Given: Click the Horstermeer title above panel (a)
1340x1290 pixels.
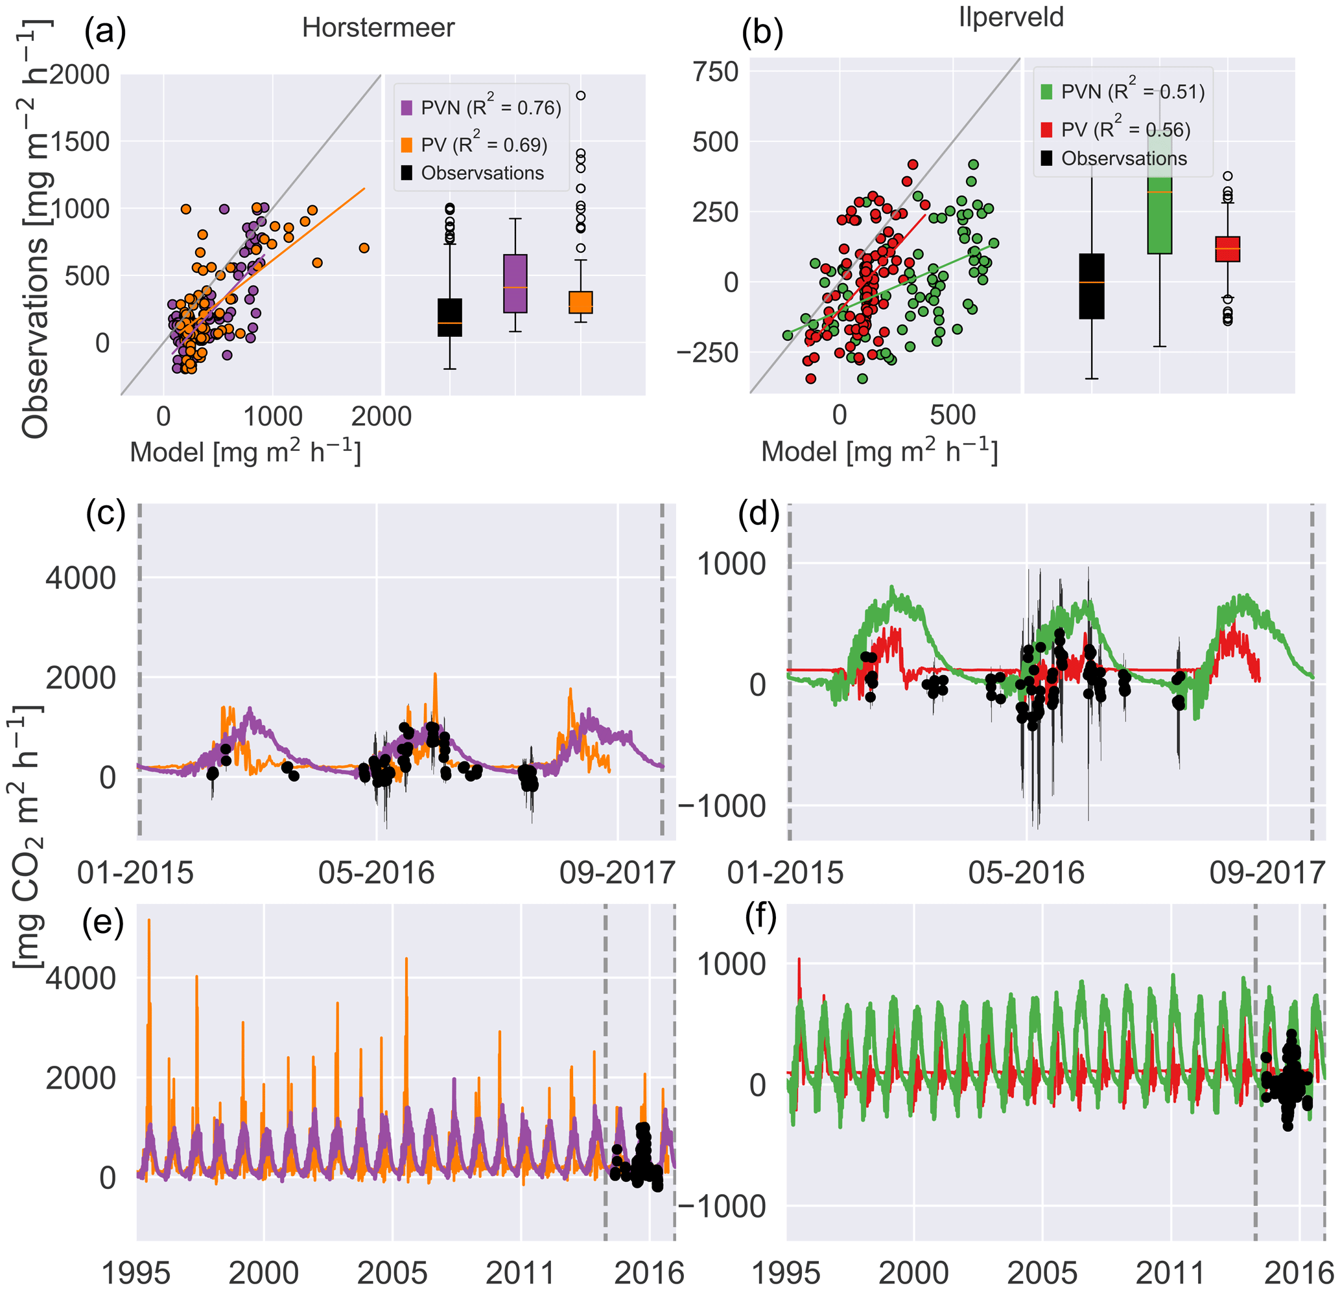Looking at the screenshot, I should pos(378,28).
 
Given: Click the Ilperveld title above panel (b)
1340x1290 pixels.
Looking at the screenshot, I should pos(1011,17).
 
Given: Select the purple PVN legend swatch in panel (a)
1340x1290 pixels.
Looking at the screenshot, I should pos(406,108).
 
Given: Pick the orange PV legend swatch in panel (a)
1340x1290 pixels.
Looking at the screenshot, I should pos(406,145).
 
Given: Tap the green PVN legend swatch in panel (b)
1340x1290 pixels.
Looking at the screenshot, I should pos(1046,92).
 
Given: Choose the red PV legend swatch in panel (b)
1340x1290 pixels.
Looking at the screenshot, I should pos(1046,130).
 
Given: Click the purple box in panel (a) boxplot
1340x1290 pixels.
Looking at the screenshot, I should pos(515,284).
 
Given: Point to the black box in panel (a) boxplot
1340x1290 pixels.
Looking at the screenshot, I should pos(449,317).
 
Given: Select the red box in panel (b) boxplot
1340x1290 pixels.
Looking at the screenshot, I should pos(1227,249).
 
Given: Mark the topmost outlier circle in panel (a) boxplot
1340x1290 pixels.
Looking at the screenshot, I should pos(580,96).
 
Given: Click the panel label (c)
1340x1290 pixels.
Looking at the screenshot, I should pos(106,515).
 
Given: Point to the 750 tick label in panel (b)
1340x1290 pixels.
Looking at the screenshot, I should pos(716,71).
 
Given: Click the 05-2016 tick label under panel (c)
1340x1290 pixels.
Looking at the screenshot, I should pos(377,874).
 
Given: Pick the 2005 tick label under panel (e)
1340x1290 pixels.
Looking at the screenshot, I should pos(392,1273).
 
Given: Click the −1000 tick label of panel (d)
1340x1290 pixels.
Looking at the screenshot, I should pos(722,806).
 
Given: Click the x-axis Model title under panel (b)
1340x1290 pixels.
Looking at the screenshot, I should pos(879,452).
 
